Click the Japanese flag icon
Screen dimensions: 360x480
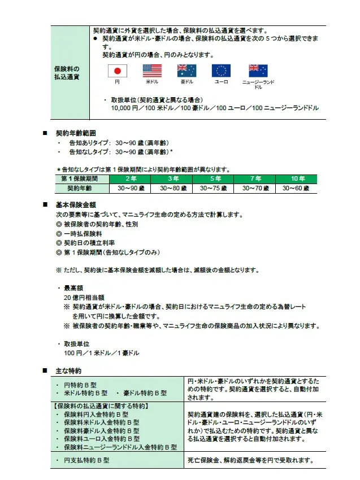[x=118, y=71]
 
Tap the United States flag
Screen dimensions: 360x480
[x=152, y=71]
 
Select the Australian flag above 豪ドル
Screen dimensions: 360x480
[x=186, y=71]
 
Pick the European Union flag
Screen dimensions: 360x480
[x=221, y=71]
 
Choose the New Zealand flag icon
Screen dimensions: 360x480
[x=258, y=71]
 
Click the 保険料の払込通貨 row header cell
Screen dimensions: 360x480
[x=67, y=72]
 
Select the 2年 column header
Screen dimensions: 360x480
[x=131, y=179]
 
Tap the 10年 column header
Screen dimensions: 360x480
[x=298, y=179]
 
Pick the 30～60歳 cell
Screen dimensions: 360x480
[x=298, y=188]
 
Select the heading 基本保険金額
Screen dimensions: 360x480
[x=76, y=206]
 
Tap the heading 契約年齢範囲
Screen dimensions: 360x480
[x=76, y=134]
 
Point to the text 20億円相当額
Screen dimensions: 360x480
[x=85, y=297]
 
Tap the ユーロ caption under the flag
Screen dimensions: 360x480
[x=221, y=82]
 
